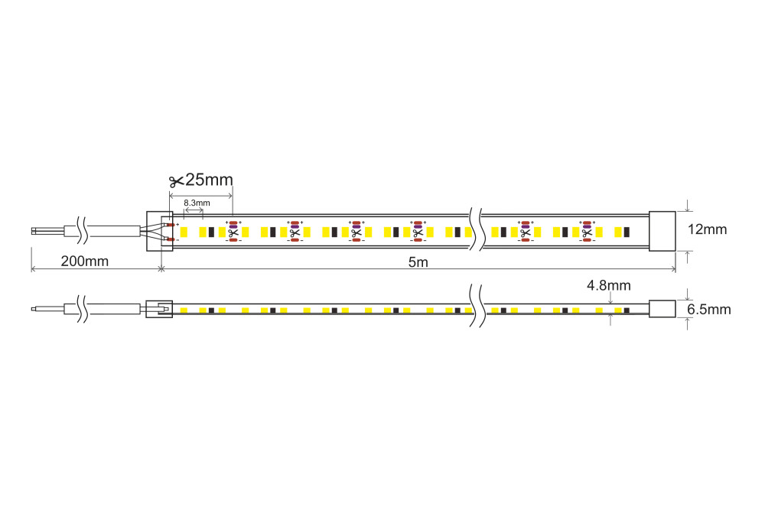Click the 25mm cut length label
click(x=210, y=180)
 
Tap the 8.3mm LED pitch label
click(x=197, y=203)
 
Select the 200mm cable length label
click(x=84, y=261)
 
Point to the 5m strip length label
click(x=418, y=262)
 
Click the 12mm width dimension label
click(x=707, y=229)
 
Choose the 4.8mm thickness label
click(x=608, y=285)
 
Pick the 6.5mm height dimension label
click(x=709, y=309)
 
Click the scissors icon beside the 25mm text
click(x=176, y=182)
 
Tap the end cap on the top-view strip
click(x=662, y=231)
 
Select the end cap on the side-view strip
click(x=662, y=309)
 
